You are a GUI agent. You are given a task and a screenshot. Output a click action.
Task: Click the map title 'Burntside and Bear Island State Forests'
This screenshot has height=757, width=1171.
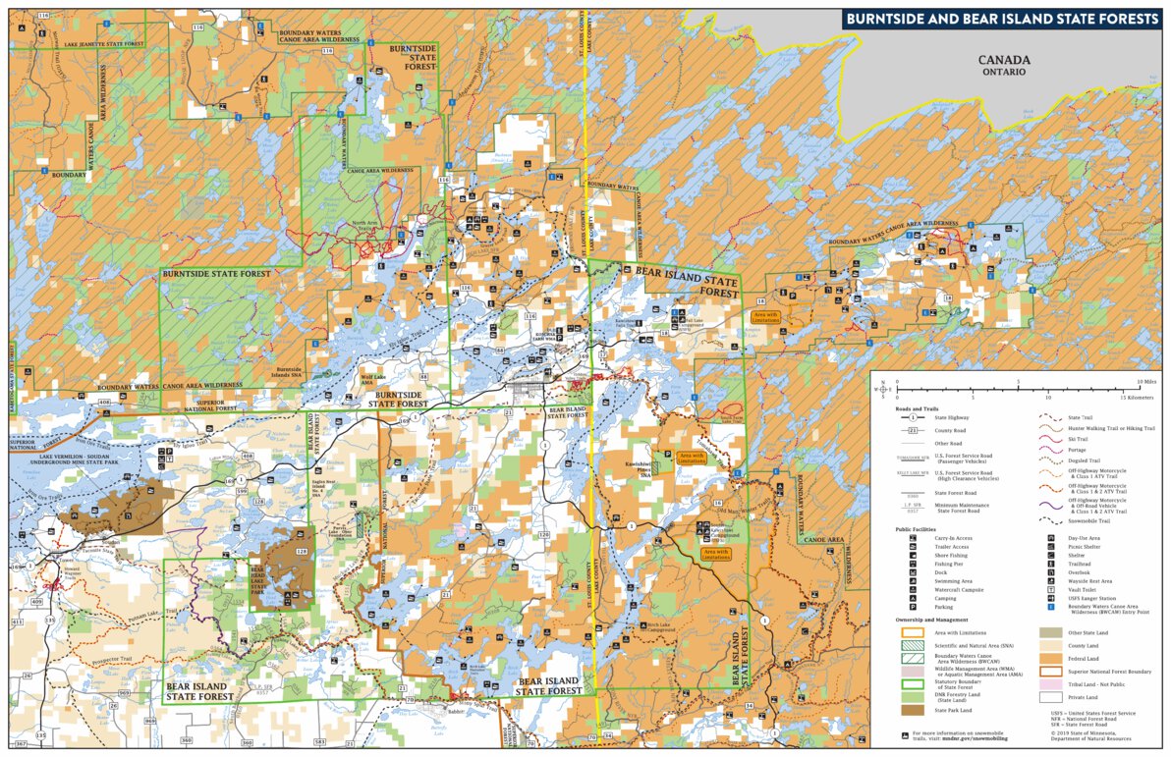[x=1000, y=19]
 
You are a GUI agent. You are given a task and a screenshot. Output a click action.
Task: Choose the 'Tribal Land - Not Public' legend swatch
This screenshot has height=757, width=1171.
[x=1044, y=683]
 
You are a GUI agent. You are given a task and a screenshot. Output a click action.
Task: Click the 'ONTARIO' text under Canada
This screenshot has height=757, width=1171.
[x=1002, y=72]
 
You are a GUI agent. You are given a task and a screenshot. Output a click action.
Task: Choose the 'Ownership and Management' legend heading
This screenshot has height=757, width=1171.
[x=930, y=620]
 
